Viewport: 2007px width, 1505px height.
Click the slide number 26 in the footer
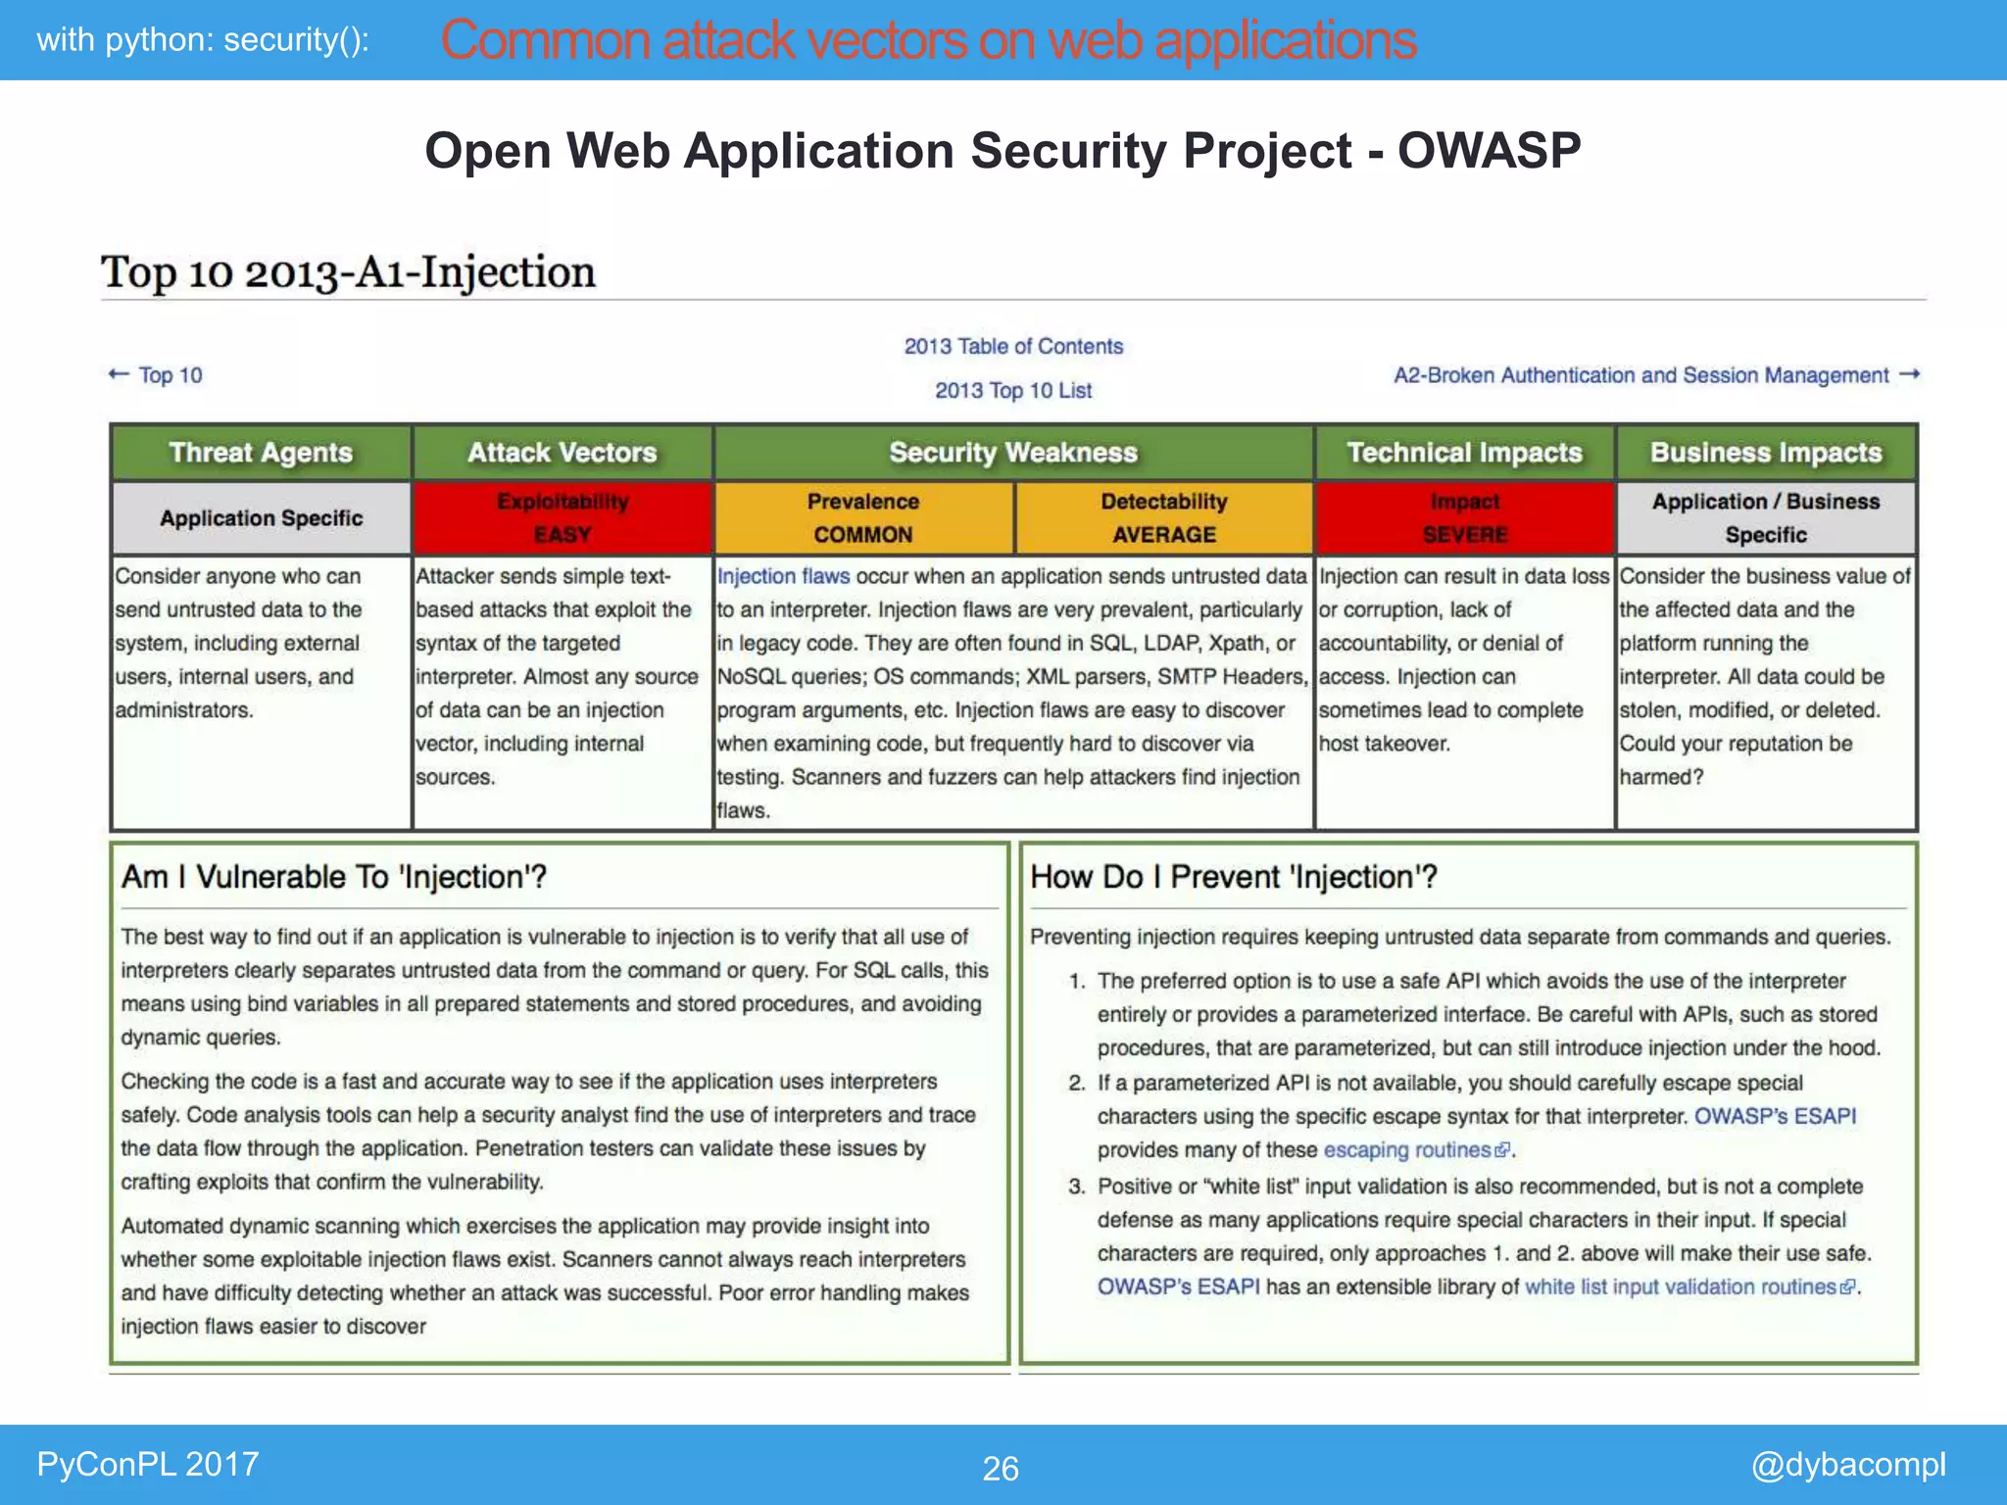(x=1001, y=1468)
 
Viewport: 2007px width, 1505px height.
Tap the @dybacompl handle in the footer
(x=1847, y=1464)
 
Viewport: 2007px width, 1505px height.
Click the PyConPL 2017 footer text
(x=148, y=1464)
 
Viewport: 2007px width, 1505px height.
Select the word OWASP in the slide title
(x=1489, y=151)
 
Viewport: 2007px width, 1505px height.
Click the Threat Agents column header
(x=261, y=453)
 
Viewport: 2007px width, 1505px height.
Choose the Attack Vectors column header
(x=563, y=453)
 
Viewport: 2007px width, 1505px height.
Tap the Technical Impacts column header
(x=1464, y=453)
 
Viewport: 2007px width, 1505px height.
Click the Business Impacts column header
(x=1766, y=453)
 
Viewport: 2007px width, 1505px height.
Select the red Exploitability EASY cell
(x=563, y=517)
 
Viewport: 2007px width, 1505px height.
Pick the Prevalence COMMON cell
(x=863, y=517)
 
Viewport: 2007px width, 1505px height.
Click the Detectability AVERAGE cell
(x=1163, y=517)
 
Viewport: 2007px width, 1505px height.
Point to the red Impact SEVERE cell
(x=1464, y=517)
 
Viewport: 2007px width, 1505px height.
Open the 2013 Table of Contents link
(x=1013, y=346)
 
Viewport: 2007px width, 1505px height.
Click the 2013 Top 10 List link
(x=1013, y=390)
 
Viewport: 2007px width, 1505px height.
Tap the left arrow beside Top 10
(x=119, y=374)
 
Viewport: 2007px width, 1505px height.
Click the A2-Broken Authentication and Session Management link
(x=1641, y=375)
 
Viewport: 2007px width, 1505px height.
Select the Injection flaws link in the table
(x=783, y=576)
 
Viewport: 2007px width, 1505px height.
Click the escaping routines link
(x=1407, y=1149)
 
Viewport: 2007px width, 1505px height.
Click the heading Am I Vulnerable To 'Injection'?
(x=334, y=877)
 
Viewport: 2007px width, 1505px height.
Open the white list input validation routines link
(x=1680, y=1287)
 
